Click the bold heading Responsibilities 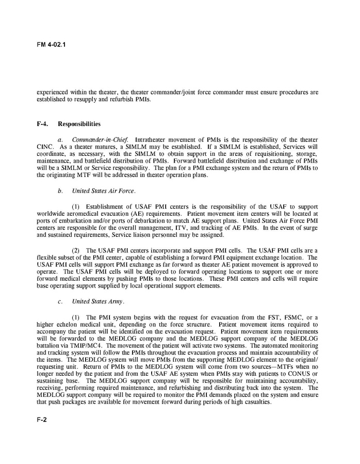[x=79, y=124]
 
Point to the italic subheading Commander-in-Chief [x=100, y=140]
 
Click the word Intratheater [x=152, y=140]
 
